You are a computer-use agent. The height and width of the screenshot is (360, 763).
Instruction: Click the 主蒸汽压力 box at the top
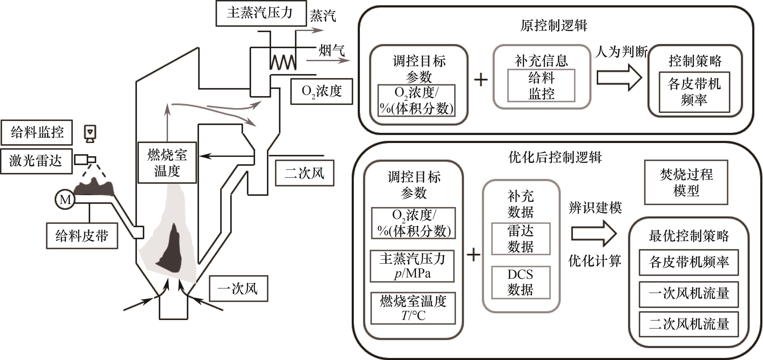(261, 13)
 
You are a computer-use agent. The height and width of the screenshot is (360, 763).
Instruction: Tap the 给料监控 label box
(37, 132)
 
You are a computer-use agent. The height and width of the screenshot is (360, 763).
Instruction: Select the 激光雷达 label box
(36, 161)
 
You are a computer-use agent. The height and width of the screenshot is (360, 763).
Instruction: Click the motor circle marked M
(65, 200)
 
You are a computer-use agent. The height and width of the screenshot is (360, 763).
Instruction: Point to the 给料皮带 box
(82, 236)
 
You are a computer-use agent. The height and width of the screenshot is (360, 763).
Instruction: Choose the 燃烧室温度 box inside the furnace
(167, 163)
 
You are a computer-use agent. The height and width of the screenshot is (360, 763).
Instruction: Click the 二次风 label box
(305, 173)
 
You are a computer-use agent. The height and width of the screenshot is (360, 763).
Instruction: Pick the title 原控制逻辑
(554, 25)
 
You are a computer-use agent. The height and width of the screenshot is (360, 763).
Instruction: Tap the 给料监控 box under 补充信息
(541, 86)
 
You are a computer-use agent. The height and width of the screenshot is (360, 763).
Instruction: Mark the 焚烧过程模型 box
(686, 182)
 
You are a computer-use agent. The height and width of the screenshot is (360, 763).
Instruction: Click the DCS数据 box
(521, 282)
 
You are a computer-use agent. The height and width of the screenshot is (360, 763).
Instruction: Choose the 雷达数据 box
(521, 239)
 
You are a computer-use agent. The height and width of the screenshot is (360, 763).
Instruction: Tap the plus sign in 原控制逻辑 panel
(481, 80)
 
